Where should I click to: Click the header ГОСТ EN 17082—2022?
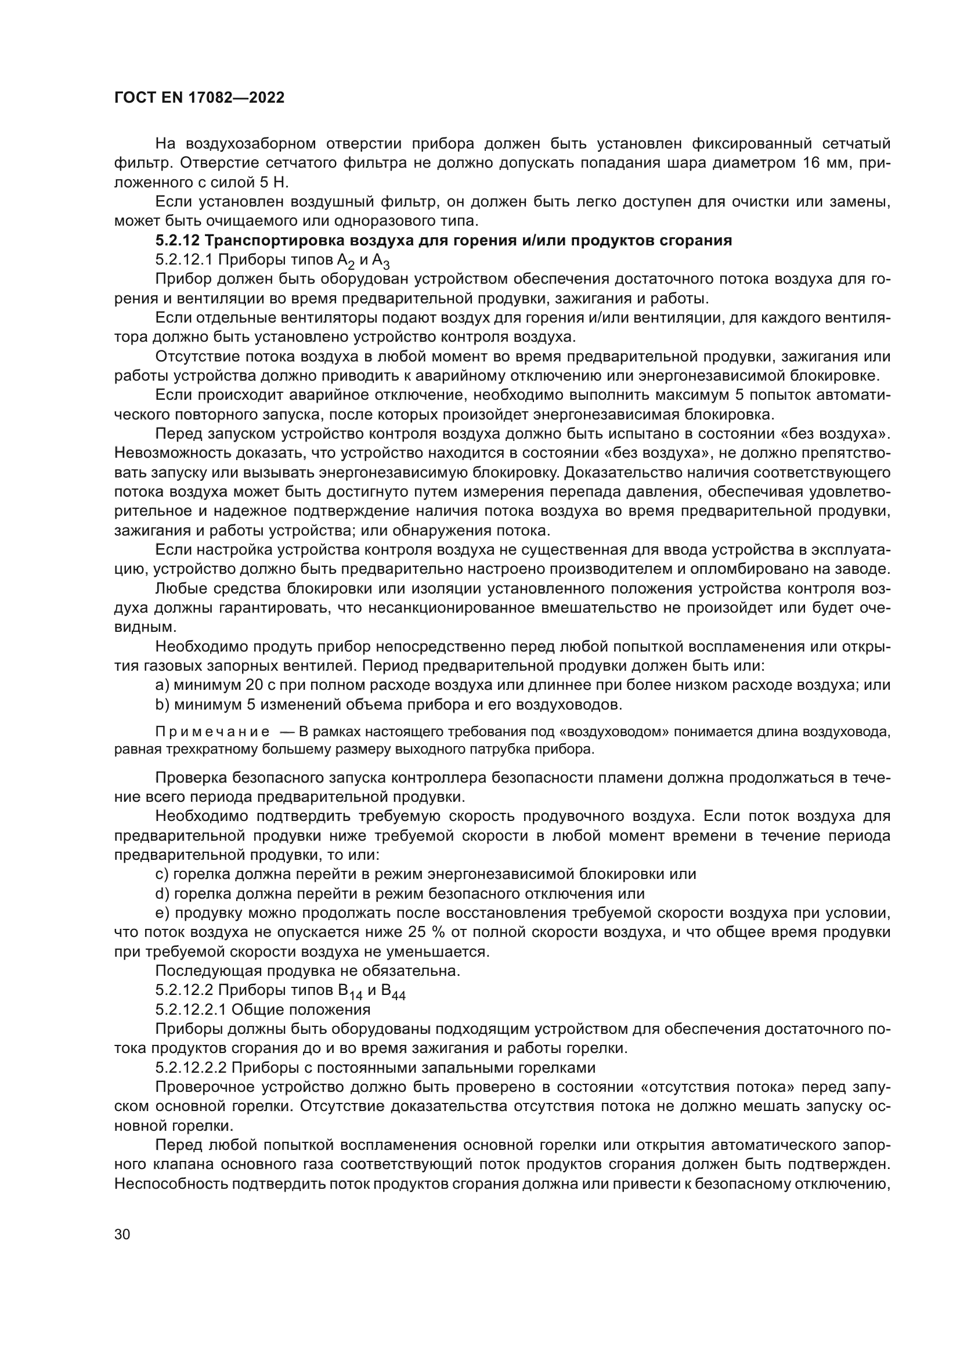[x=199, y=97]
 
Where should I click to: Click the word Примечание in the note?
[x=212, y=732]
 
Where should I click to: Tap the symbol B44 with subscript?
[x=394, y=991]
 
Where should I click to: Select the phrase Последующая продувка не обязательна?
[x=308, y=971]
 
